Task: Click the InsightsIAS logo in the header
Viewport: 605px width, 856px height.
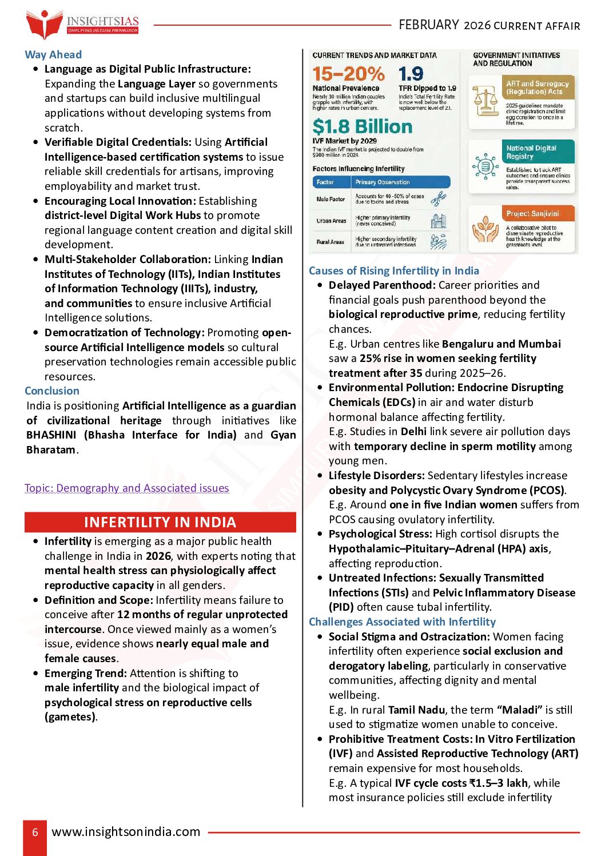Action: point(82,24)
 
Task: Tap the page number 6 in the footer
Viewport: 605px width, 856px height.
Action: point(35,832)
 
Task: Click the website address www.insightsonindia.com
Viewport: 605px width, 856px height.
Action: point(126,831)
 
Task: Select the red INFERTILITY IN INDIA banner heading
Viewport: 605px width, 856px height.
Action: point(160,522)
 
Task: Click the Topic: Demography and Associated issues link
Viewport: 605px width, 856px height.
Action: point(127,488)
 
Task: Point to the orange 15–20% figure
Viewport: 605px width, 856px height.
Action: point(348,74)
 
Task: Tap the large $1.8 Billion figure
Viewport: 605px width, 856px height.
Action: point(362,126)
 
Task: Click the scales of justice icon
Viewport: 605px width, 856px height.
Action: point(485,101)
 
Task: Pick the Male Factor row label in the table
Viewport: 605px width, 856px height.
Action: point(331,199)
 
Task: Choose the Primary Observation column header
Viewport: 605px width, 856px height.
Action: point(383,182)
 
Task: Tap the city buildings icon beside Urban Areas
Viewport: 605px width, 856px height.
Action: point(438,220)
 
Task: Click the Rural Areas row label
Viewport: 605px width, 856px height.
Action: point(331,242)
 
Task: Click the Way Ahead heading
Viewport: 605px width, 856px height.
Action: point(53,54)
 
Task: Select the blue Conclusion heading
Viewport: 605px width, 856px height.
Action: point(52,391)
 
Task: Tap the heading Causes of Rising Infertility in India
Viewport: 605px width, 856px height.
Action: point(394,270)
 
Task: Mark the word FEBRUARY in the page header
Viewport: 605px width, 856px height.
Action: point(429,25)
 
